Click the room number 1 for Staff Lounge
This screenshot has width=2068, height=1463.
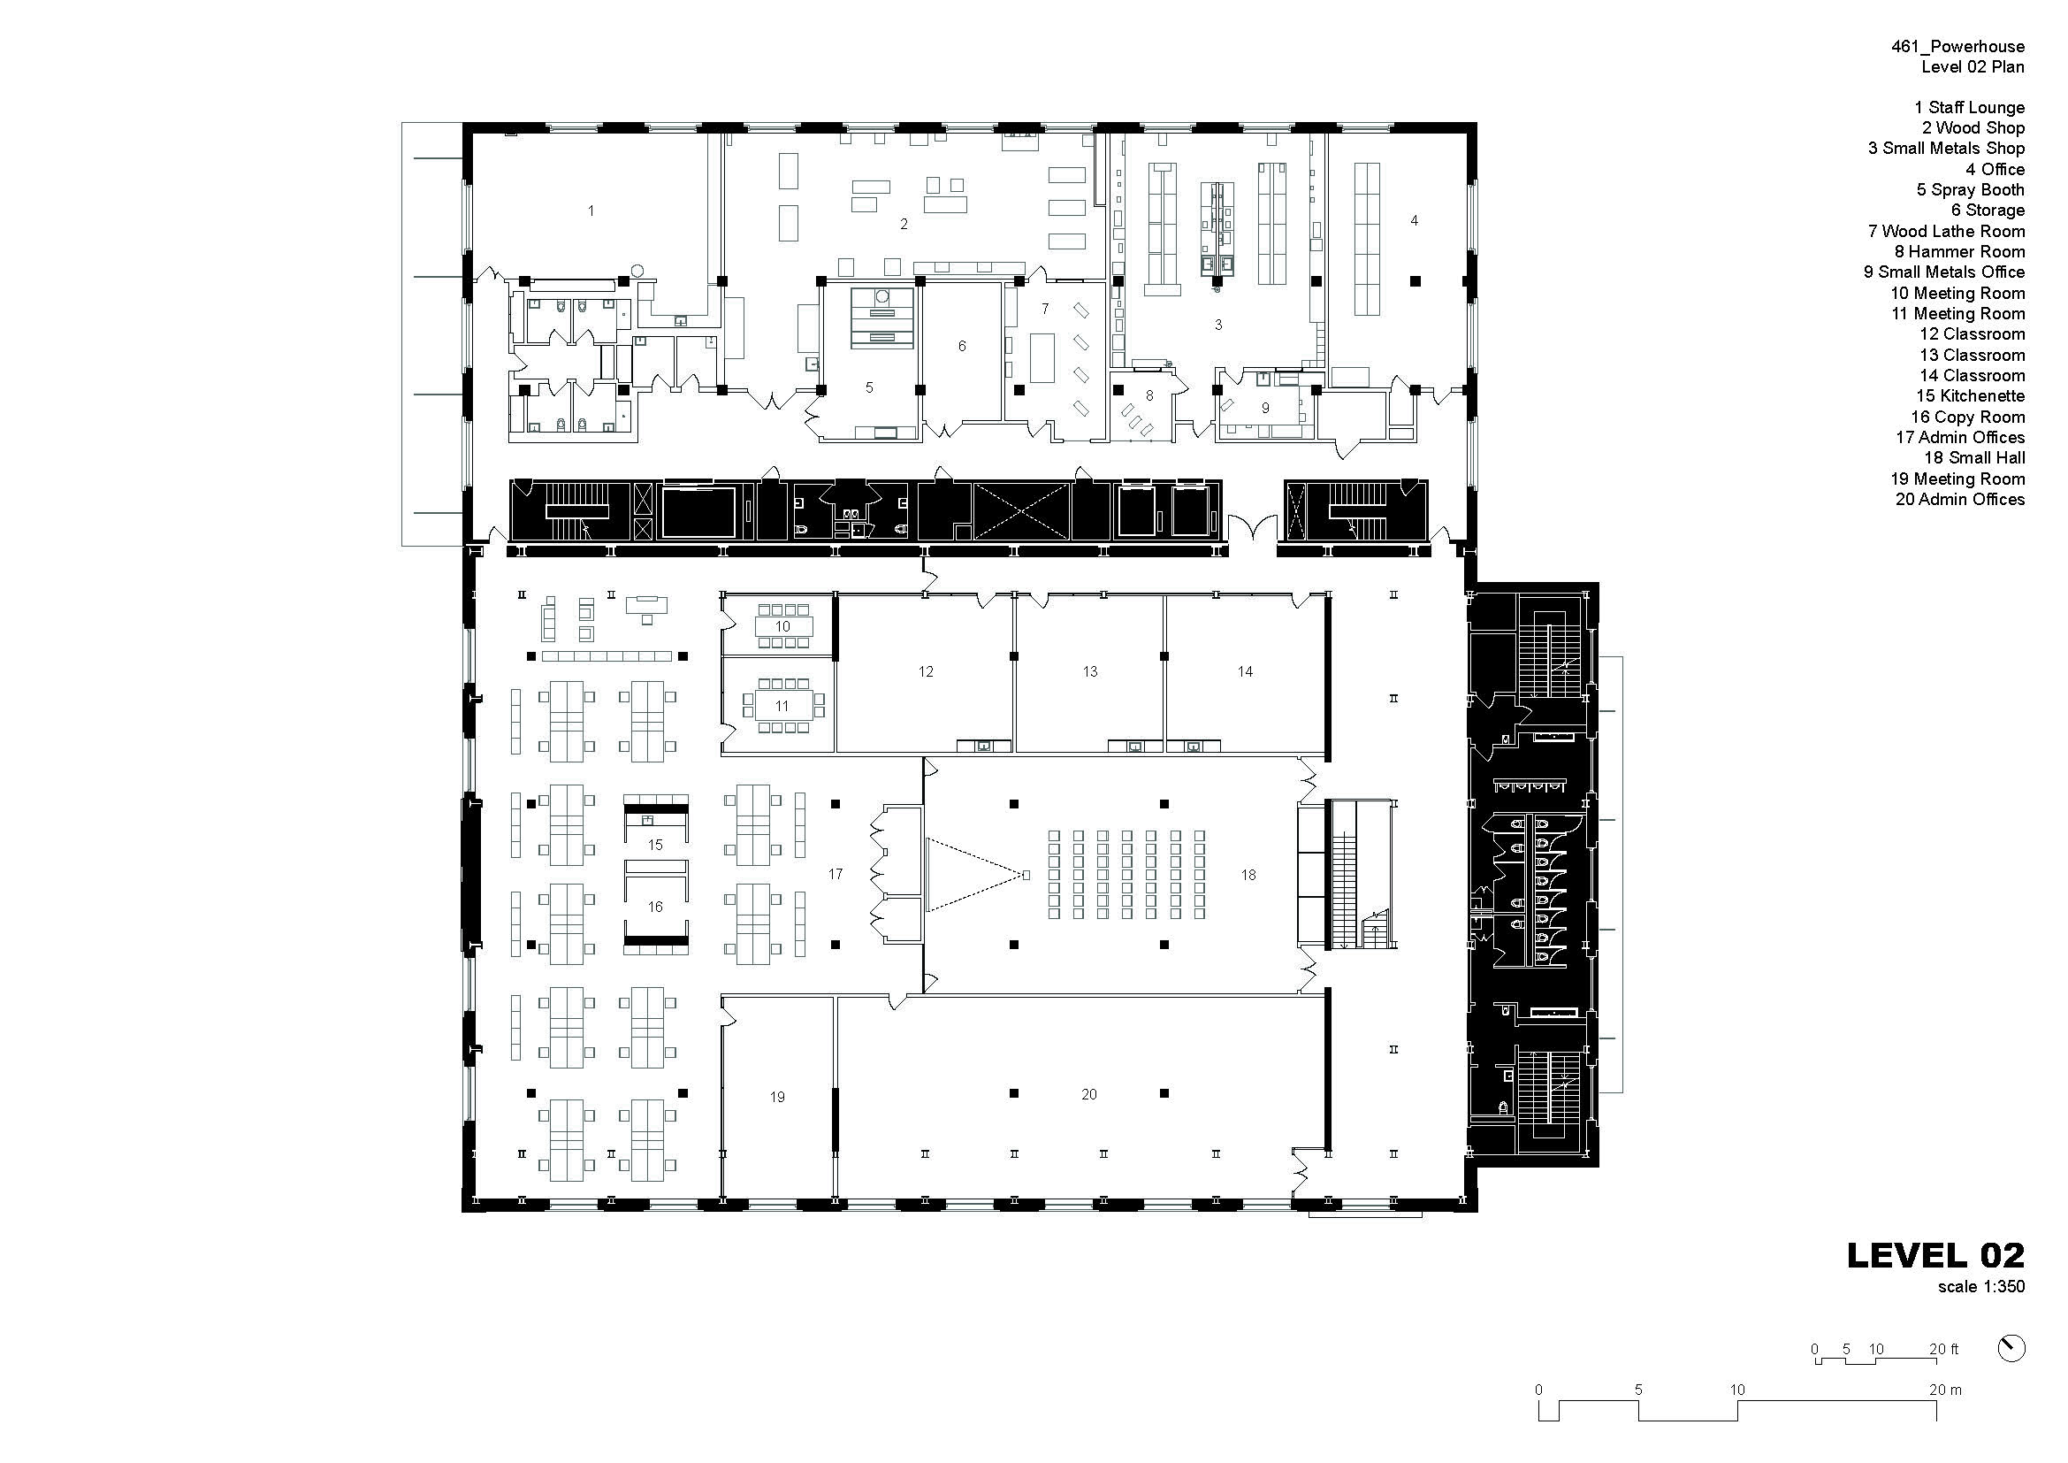point(591,211)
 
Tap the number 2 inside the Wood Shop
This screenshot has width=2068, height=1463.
point(904,225)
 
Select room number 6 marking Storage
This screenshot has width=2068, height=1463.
point(962,346)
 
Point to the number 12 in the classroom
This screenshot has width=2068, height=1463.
point(926,671)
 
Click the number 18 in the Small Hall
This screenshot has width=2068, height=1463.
point(1248,875)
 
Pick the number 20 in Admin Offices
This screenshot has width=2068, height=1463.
point(1089,1094)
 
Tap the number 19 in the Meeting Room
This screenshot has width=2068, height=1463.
point(777,1097)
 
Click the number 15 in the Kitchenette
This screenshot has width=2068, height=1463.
point(655,845)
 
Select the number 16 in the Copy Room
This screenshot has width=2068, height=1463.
point(655,908)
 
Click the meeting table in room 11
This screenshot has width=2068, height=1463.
point(782,706)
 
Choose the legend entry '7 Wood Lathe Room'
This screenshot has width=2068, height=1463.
point(1946,232)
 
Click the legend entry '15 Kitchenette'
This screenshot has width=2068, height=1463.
point(1970,396)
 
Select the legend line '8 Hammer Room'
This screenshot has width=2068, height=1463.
point(1959,252)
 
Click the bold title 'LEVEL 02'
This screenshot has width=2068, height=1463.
point(1935,1256)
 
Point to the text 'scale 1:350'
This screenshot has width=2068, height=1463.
point(1981,1286)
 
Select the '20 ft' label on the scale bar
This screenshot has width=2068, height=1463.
point(1943,1350)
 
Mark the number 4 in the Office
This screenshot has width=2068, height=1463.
point(1414,221)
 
